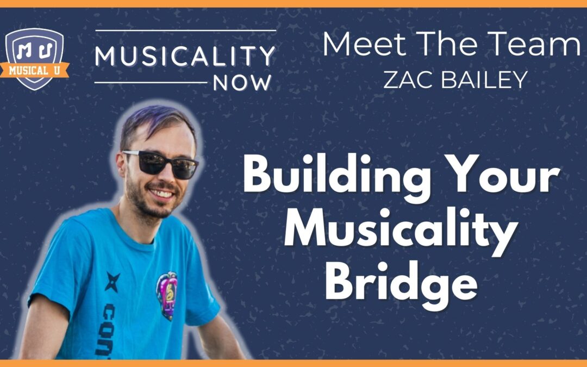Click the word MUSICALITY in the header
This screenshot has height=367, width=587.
[x=185, y=56]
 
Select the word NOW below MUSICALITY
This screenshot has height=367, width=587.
[x=242, y=83]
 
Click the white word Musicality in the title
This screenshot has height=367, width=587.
[x=400, y=232]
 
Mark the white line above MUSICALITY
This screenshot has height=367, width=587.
[x=185, y=30]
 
